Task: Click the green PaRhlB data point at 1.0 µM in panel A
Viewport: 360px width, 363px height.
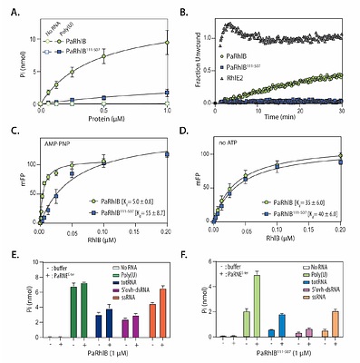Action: click(167, 43)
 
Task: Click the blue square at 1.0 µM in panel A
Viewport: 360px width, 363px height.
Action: click(167, 92)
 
